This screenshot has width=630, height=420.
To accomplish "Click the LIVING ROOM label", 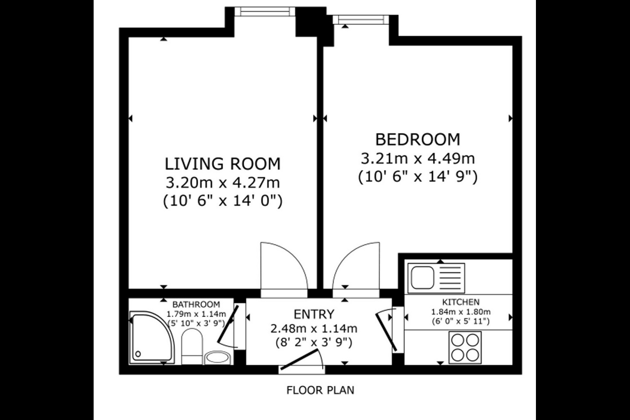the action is click(x=222, y=164).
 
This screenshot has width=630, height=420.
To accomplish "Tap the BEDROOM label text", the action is click(x=418, y=140).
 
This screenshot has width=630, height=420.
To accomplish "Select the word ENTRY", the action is click(x=314, y=314).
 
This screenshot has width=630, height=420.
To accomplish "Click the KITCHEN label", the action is click(x=461, y=302).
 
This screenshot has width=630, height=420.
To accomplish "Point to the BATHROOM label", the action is click(x=196, y=304).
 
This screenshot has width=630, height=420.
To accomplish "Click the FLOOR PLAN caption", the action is click(x=320, y=390).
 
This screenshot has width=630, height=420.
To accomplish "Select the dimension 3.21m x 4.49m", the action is click(x=418, y=158).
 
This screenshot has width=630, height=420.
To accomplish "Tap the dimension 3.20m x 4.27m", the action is click(x=222, y=183).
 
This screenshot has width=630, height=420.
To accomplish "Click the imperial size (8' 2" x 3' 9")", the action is click(x=314, y=343).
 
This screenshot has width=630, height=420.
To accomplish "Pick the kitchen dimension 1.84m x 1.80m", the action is click(x=461, y=311).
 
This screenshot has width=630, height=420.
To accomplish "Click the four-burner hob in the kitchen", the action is click(x=465, y=347).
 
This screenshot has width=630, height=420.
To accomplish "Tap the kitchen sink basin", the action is click(x=423, y=278).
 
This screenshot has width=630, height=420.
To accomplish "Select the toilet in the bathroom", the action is click(x=192, y=346).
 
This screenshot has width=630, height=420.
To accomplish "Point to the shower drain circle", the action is click(x=138, y=354).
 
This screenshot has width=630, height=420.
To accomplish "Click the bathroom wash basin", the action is click(x=218, y=357).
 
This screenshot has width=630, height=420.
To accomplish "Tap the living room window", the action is click(x=265, y=11).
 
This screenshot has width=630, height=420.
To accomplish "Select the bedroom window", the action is click(x=361, y=19).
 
